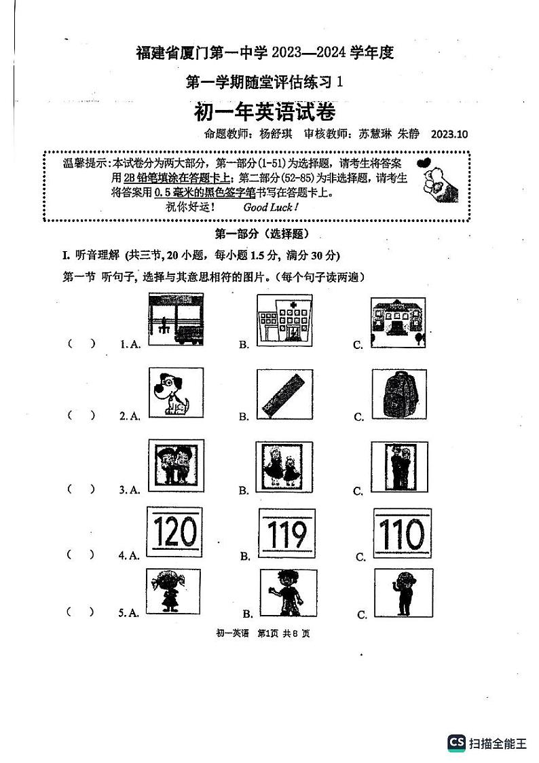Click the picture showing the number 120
(174, 533)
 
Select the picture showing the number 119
(287, 535)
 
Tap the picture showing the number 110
(402, 534)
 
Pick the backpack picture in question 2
(399, 394)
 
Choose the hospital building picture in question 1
(284, 320)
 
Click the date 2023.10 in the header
(449, 134)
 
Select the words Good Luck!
(270, 208)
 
